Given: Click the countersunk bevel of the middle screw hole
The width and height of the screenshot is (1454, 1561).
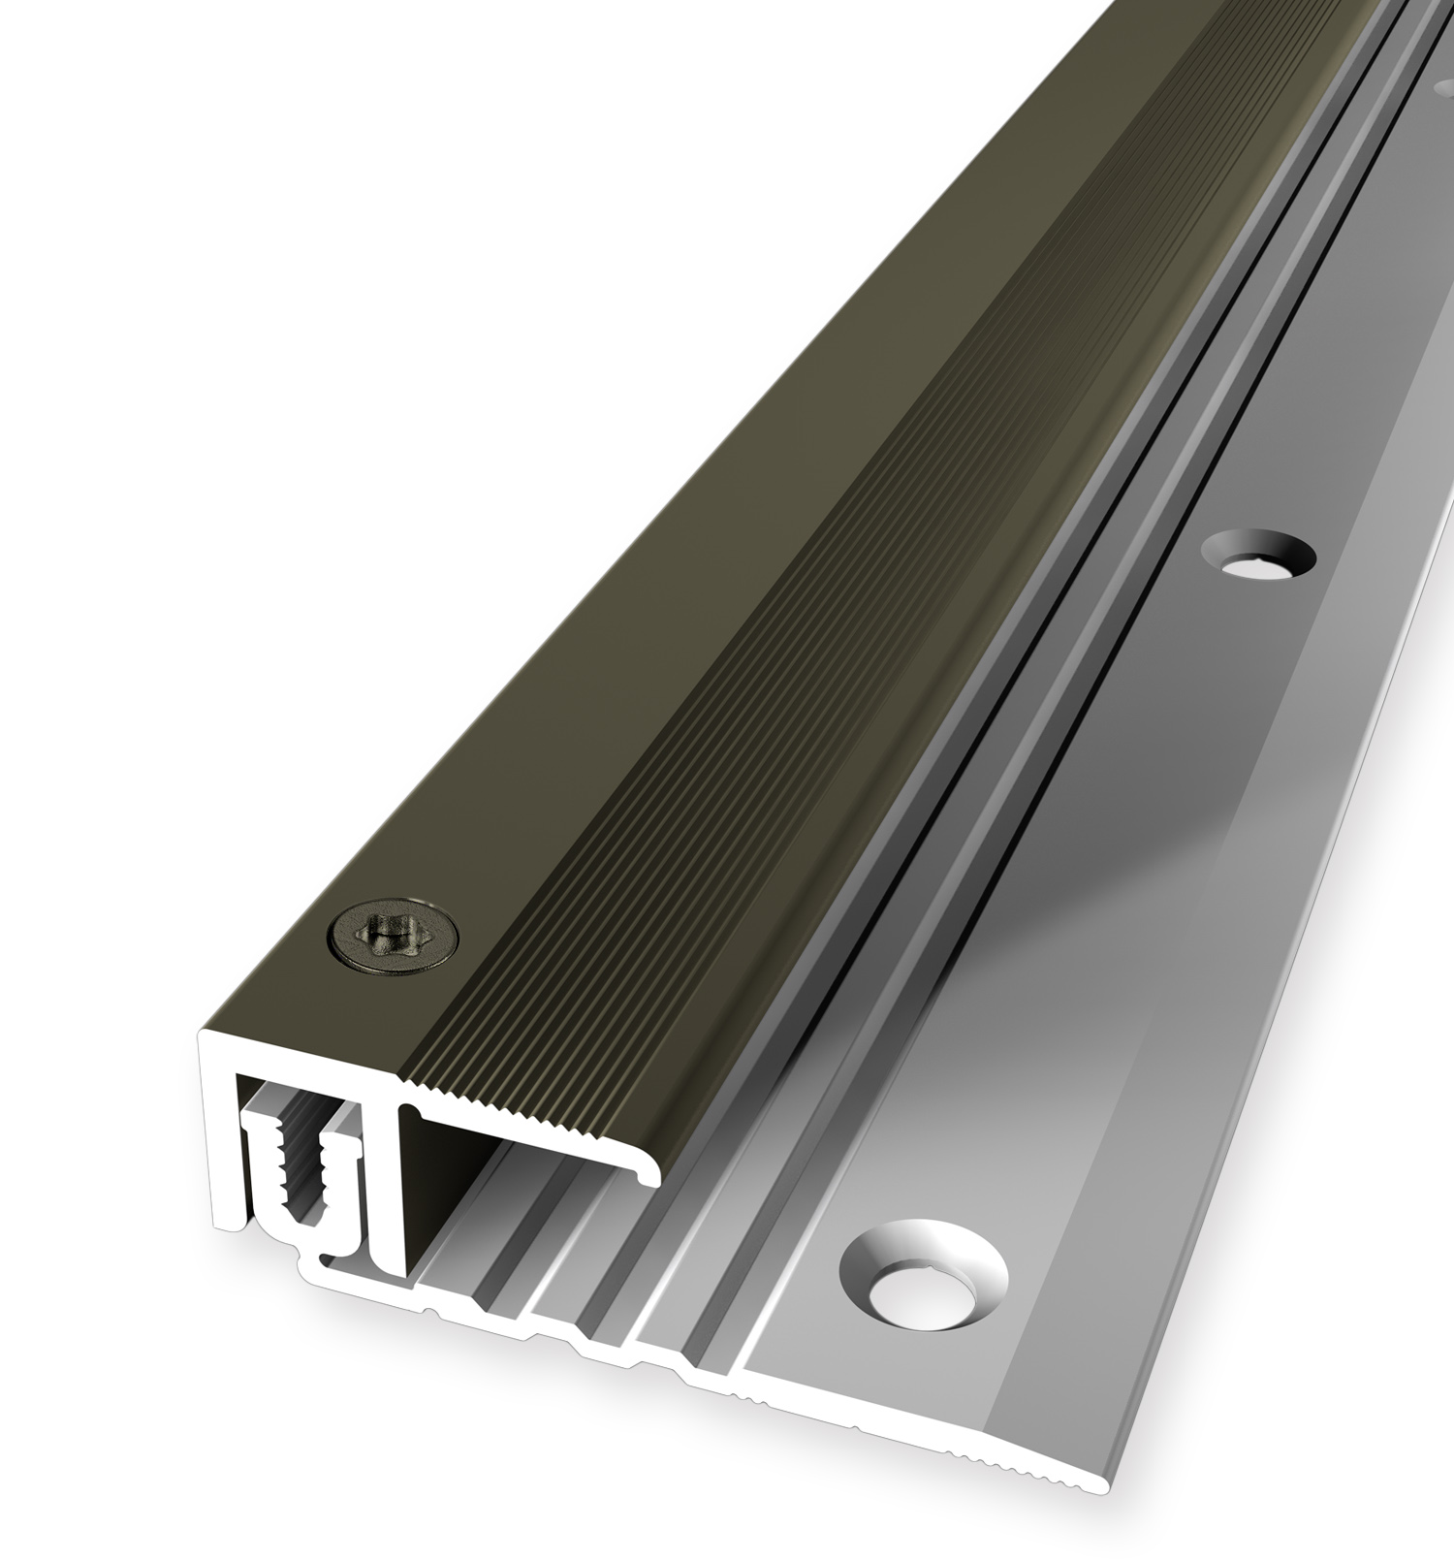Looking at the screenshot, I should tap(1284, 548).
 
